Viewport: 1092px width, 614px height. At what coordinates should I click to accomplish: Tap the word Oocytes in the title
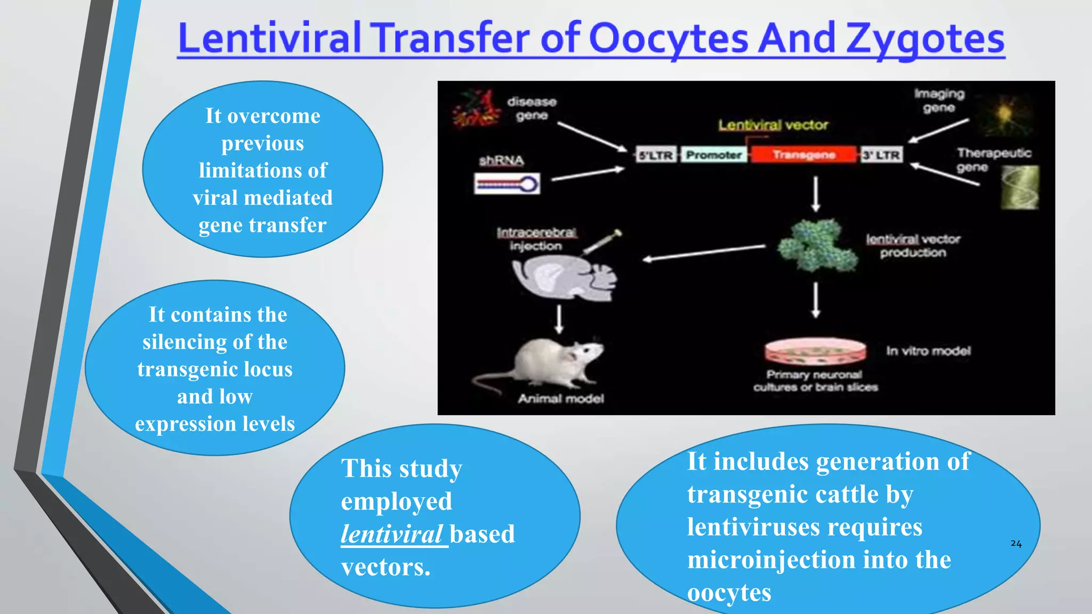click(x=669, y=39)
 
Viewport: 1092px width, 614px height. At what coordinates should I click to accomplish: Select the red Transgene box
click(x=804, y=155)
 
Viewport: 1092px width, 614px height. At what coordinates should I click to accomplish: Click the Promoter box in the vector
click(x=714, y=155)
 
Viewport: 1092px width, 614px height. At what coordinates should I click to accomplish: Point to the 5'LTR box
click(x=656, y=155)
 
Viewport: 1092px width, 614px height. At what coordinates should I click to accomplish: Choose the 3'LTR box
click(x=881, y=155)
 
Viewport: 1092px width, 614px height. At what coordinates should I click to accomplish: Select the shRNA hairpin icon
click(x=507, y=184)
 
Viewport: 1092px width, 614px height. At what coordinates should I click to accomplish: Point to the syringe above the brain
click(x=603, y=243)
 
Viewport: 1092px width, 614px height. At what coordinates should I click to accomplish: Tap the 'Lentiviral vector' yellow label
click(x=773, y=125)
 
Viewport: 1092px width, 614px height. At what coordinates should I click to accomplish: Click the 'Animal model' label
click(x=561, y=399)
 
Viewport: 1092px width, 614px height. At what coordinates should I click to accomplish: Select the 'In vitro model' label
click(x=928, y=351)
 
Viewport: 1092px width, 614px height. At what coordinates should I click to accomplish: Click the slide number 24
click(x=1016, y=544)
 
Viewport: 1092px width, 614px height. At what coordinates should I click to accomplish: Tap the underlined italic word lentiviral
click(x=392, y=534)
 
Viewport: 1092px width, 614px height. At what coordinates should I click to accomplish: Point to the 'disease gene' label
click(x=532, y=108)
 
